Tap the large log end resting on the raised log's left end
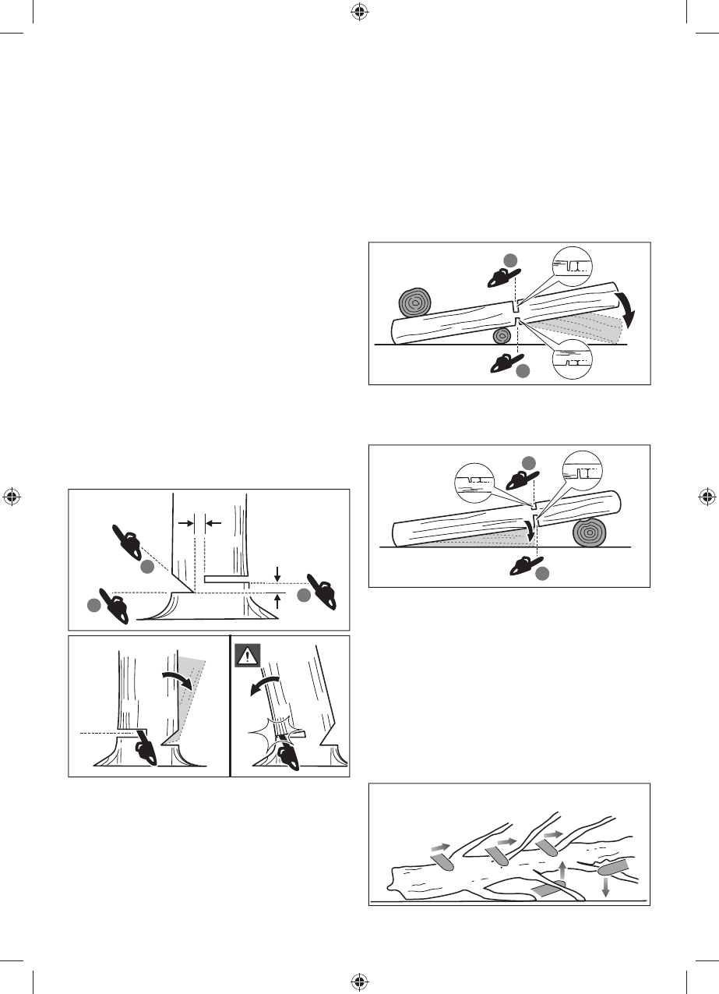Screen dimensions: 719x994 (415, 304)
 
